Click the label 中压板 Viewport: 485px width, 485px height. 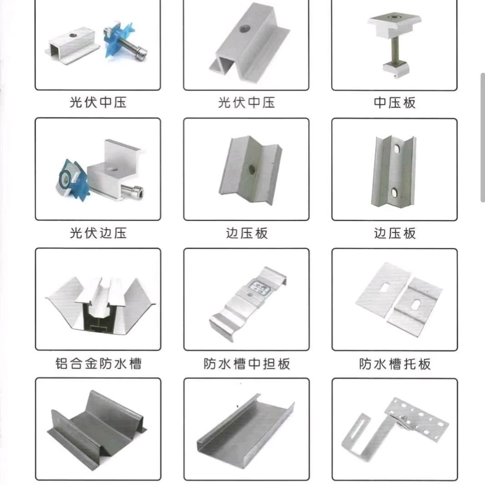click(x=394, y=103)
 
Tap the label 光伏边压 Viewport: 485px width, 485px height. click(x=98, y=233)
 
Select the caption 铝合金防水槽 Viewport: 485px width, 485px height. click(x=98, y=364)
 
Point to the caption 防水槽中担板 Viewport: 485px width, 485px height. click(x=247, y=364)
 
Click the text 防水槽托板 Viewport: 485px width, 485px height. click(x=394, y=364)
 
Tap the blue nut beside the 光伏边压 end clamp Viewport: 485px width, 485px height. click(x=72, y=179)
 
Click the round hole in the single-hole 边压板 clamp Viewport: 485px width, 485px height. click(x=252, y=170)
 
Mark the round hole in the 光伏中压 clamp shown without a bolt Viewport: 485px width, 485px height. click(x=243, y=29)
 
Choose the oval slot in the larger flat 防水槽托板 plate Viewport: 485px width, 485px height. click(x=385, y=287)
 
